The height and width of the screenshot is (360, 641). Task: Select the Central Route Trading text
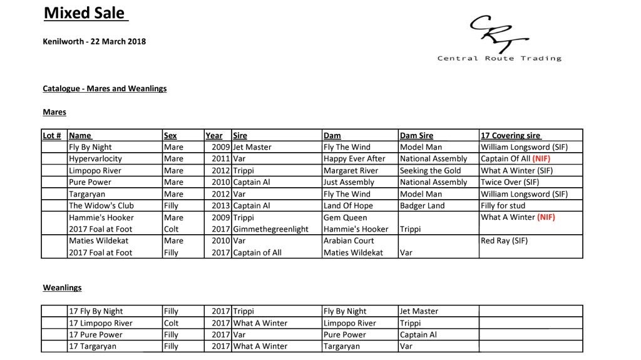tap(499, 59)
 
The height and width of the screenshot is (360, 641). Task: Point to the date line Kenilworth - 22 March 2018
tap(95, 42)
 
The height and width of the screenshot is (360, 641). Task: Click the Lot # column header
tap(53, 135)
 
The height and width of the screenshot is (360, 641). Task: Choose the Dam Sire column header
tap(416, 135)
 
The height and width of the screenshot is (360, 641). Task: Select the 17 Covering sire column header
tap(510, 135)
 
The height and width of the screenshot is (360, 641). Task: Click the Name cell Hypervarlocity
tap(95, 159)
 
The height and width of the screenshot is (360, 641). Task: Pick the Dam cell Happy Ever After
tap(354, 159)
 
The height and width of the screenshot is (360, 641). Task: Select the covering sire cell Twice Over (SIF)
tap(510, 182)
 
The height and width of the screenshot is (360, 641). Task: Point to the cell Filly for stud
tap(503, 205)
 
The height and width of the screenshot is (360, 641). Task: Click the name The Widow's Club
tap(101, 205)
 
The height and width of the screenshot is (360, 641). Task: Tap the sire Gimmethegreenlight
tap(270, 229)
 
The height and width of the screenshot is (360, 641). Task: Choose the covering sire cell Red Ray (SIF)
tap(506, 240)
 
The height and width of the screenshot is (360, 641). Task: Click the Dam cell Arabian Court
tap(349, 240)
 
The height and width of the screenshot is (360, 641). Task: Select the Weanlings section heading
tap(62, 288)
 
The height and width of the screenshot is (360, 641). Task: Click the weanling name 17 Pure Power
tap(95, 334)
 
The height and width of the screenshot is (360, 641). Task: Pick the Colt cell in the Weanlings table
tap(171, 323)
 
